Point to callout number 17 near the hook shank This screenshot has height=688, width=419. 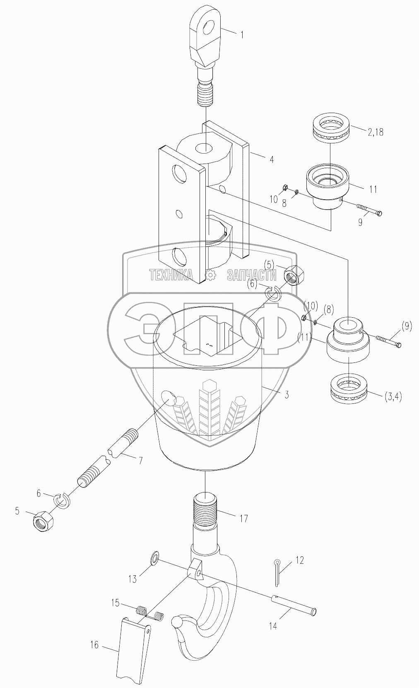(243, 518)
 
